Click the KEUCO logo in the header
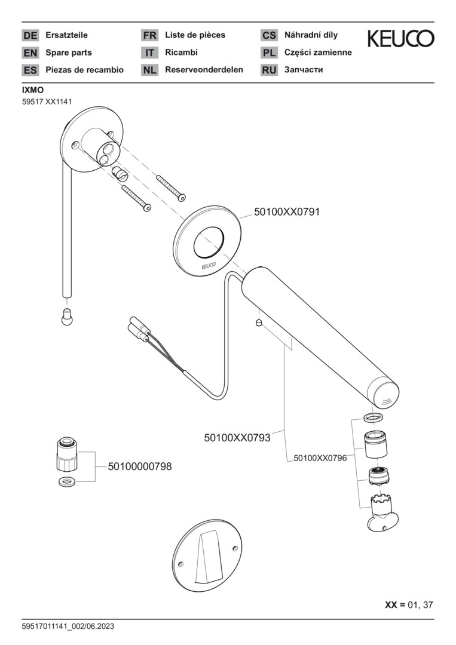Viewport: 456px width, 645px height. tap(400, 39)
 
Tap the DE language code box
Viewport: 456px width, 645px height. tap(30, 35)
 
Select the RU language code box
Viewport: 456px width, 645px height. tap(269, 70)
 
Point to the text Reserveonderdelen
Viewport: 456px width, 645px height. tap(204, 70)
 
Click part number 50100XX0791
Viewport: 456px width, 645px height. tap(287, 211)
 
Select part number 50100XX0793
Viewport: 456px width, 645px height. tap(237, 438)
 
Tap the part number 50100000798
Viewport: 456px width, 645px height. tap(140, 467)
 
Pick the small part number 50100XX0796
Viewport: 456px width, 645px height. tap(320, 458)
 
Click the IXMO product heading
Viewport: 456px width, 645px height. tap(32, 90)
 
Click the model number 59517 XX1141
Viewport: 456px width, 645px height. tap(47, 102)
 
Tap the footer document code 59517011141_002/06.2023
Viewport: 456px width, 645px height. tap(68, 626)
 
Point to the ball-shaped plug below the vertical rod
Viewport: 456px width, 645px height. tap(67, 318)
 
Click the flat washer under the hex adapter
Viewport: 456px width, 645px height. tap(66, 481)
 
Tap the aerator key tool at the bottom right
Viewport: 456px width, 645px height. tap(381, 514)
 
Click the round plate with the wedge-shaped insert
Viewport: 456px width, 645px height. tap(207, 554)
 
